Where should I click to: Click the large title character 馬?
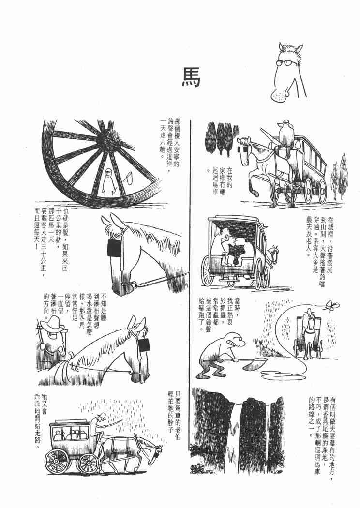point(191,77)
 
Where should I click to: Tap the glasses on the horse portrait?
point(286,62)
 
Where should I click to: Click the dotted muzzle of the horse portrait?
point(279,96)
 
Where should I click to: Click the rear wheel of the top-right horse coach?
point(322,192)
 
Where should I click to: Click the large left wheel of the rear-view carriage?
point(208,271)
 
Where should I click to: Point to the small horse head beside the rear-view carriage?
point(274,254)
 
